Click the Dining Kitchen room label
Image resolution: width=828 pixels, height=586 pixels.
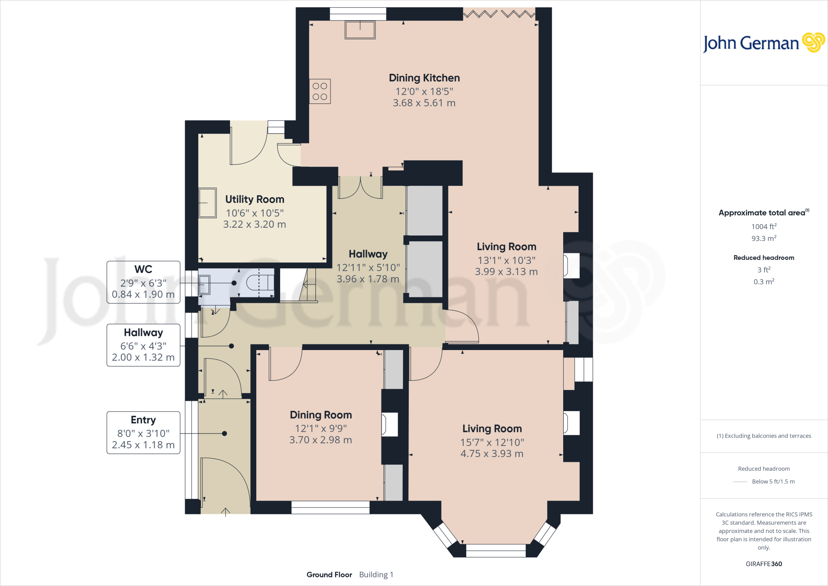point(424,78)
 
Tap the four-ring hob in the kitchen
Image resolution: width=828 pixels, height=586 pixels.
point(320,91)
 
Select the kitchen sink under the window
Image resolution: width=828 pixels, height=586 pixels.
point(360,30)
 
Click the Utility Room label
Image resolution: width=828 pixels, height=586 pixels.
point(255,199)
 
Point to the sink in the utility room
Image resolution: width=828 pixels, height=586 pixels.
point(208,203)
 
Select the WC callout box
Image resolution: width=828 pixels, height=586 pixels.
point(143,282)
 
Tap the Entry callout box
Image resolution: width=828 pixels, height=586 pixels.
point(143,433)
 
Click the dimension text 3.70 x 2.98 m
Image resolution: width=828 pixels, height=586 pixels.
point(321,440)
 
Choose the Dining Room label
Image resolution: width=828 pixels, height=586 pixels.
point(321,415)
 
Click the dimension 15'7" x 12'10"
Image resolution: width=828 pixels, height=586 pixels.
point(492,442)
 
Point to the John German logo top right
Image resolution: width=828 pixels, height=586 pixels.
point(764,43)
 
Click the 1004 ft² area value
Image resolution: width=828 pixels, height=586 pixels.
point(764,227)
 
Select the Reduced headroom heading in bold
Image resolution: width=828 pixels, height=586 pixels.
point(764,258)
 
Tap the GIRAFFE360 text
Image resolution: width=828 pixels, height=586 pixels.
point(764,564)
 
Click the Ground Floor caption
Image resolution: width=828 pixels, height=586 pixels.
point(329,575)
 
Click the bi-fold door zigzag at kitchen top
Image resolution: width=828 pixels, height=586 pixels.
point(499,15)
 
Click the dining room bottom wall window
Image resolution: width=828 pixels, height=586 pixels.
point(330,507)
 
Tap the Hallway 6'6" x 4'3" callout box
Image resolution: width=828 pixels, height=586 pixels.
point(143,345)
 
